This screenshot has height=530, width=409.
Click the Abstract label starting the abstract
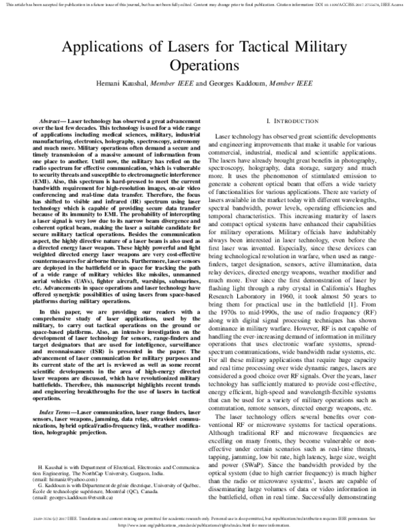click(x=55, y=120)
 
